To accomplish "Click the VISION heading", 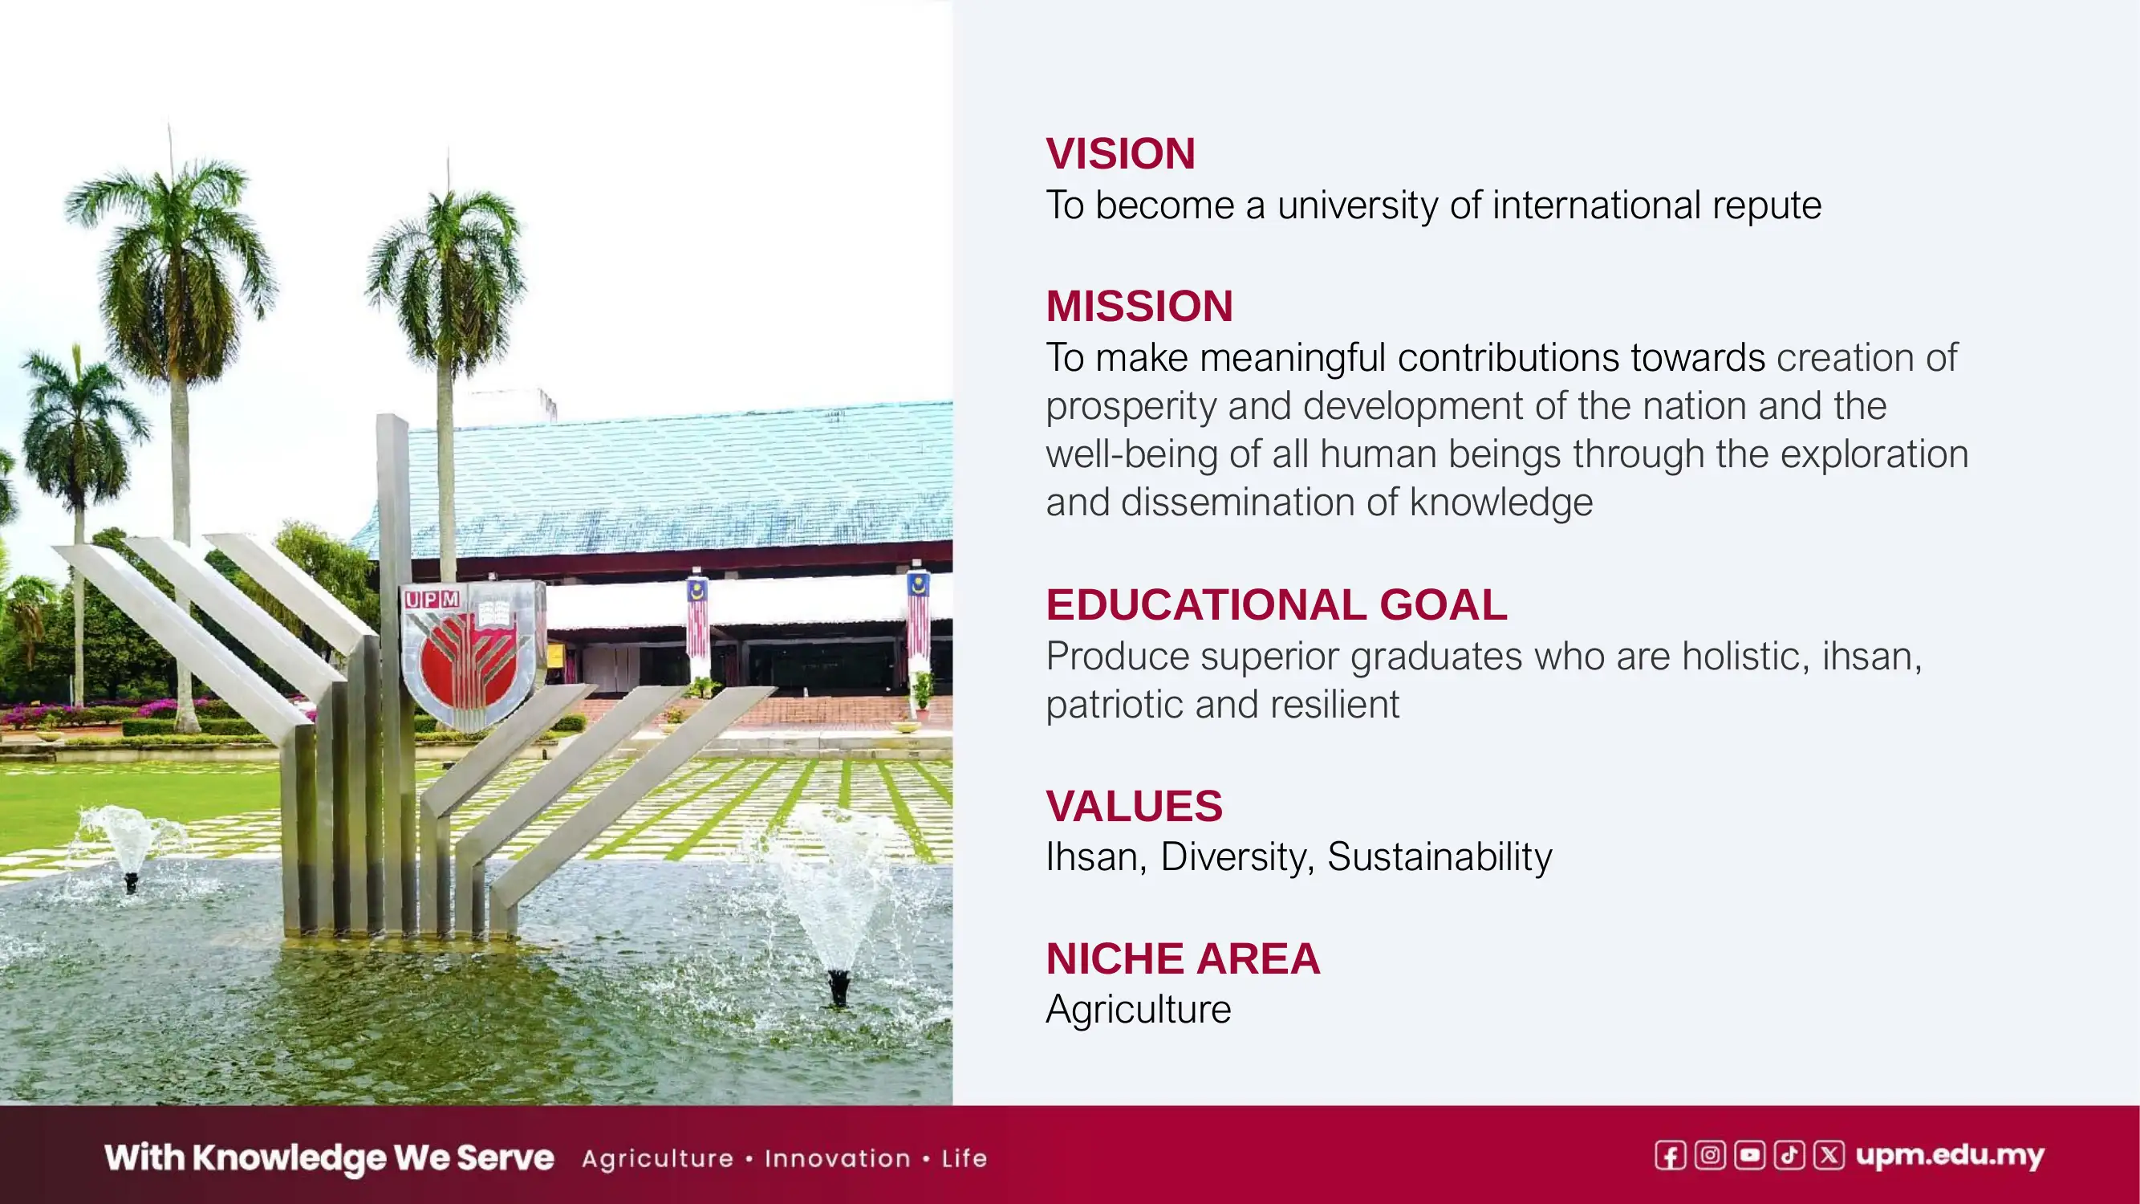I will (x=1119, y=154).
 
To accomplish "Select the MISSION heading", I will (x=1138, y=306).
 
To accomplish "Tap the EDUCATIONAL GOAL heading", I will (x=1275, y=604).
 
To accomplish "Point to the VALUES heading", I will (x=1133, y=806).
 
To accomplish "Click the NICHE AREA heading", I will (x=1182, y=958).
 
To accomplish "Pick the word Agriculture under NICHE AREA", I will (x=1137, y=1010).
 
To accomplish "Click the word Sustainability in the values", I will (x=1439, y=856).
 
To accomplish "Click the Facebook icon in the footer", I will (x=1670, y=1156).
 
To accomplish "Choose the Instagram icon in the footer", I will (x=1710, y=1156).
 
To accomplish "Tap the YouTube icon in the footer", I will (x=1749, y=1156).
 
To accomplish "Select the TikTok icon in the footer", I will (x=1789, y=1156).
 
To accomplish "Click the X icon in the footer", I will (x=1829, y=1156).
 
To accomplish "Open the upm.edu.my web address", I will (x=1949, y=1156).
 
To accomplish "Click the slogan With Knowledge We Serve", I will (x=328, y=1158).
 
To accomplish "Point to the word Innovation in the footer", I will (x=838, y=1159).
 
